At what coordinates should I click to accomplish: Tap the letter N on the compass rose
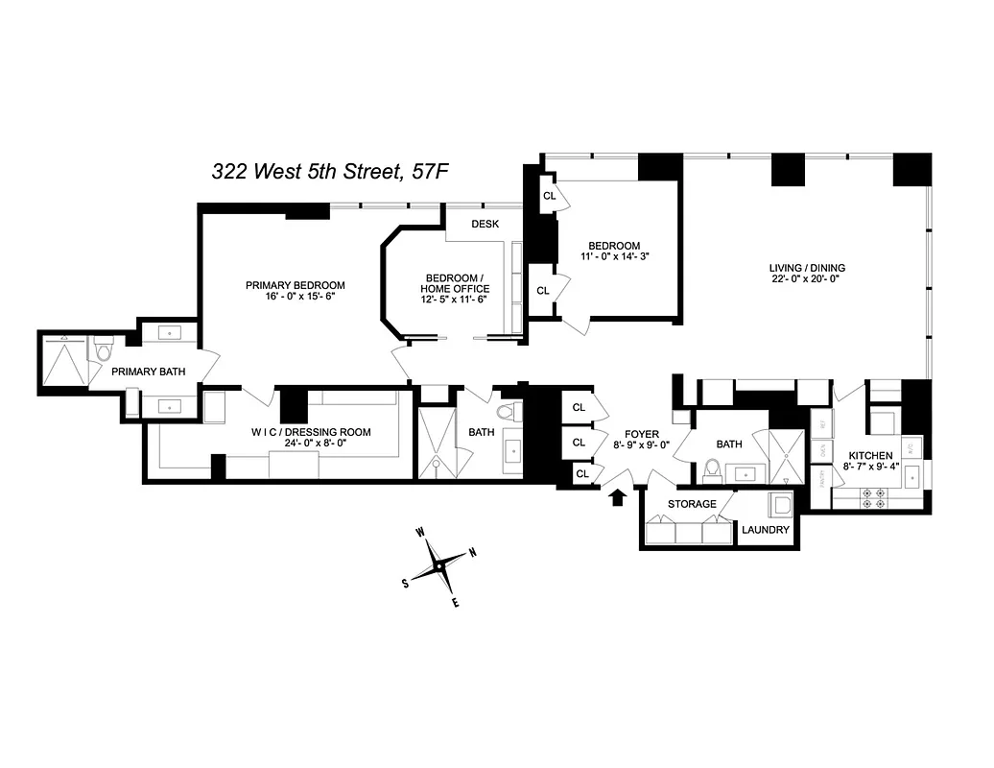pos(471,553)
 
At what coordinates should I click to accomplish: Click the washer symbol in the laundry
pos(780,506)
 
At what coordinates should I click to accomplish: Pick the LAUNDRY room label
pos(766,530)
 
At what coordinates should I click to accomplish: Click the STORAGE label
pos(692,504)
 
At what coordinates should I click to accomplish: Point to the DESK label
pos(485,225)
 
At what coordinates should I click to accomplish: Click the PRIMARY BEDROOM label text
pos(295,285)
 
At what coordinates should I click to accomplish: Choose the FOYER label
pos(642,434)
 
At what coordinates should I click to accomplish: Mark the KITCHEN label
pos(869,455)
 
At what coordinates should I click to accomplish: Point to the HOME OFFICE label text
pos(458,289)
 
